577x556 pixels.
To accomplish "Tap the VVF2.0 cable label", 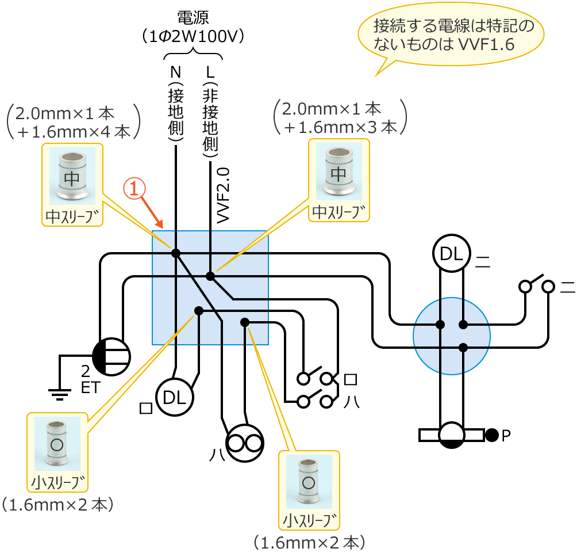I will [x=223, y=195].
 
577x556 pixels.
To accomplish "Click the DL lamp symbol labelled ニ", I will [x=452, y=253].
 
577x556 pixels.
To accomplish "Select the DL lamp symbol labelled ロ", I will [x=175, y=397].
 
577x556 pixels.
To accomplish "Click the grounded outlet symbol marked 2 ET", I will [x=111, y=357].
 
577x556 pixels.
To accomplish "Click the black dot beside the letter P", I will [x=491, y=435].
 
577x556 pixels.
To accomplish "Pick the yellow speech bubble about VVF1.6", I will [x=451, y=36].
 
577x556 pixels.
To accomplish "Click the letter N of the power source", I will [x=175, y=73].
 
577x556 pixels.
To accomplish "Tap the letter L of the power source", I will [x=210, y=73].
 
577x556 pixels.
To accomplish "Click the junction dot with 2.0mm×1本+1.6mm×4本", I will [x=176, y=253].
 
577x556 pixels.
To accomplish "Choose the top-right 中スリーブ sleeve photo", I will [x=339, y=172].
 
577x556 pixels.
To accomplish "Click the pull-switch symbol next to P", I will [x=451, y=435].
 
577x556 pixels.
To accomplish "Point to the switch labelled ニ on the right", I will [x=536, y=284].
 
